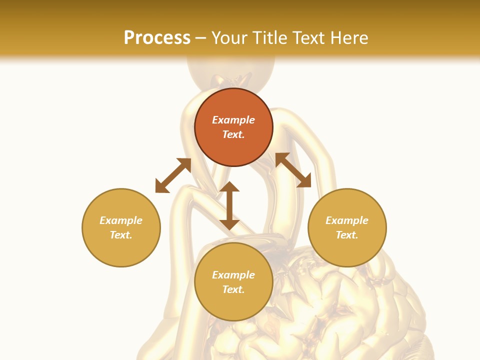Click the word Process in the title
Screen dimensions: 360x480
point(157,38)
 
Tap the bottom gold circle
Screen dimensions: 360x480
point(233,305)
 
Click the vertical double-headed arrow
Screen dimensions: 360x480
point(229,205)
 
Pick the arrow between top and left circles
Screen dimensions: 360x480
point(173,175)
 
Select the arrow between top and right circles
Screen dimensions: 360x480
point(293,170)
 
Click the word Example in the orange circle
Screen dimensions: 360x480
point(233,120)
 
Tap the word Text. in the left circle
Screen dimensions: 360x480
point(121,235)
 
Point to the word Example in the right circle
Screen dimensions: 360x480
point(347,220)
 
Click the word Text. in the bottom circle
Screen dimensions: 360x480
point(233,289)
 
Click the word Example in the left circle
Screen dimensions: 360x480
point(121,220)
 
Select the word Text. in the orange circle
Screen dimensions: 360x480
point(233,134)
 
